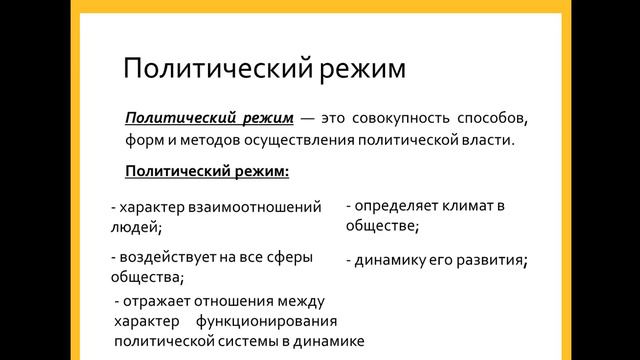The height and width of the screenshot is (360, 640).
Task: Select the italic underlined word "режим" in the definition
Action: pos(253,118)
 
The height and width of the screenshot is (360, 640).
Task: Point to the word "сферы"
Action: pos(287,257)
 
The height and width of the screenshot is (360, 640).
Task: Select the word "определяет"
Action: pos(393,206)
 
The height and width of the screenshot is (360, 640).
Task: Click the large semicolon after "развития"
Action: pos(525,262)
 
